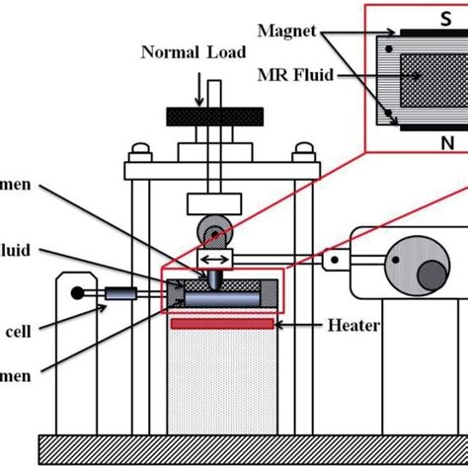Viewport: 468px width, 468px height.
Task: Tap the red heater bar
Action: (221, 324)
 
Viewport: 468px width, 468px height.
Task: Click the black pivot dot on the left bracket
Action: (75, 293)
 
